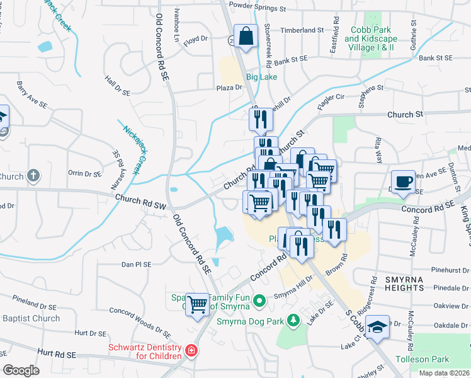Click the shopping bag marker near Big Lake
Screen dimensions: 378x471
click(246, 37)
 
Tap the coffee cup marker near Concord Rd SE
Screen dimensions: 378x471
click(403, 181)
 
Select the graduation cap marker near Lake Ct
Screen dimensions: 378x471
click(377, 326)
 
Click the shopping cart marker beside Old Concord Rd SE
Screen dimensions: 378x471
click(198, 304)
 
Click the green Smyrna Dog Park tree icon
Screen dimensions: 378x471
click(292, 321)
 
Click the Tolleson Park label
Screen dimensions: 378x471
click(422, 359)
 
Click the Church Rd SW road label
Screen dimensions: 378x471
click(140, 202)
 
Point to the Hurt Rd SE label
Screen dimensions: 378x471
click(55, 355)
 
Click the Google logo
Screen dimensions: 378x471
click(20, 370)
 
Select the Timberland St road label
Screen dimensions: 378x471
click(302, 30)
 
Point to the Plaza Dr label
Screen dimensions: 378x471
click(229, 88)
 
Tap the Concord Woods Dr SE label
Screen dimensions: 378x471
click(140, 318)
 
